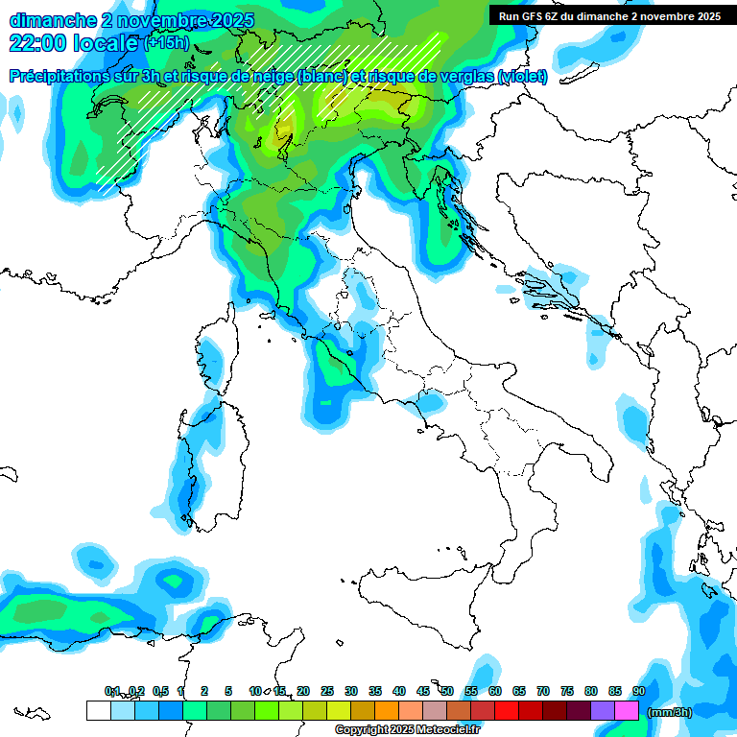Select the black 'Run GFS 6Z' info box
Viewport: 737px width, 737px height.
(609, 15)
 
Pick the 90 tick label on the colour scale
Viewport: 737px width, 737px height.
(639, 691)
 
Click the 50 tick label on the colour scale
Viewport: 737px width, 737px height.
(447, 691)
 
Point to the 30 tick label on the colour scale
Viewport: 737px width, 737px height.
(351, 691)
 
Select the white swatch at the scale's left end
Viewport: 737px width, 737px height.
(98, 710)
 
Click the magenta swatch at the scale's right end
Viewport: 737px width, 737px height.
(627, 710)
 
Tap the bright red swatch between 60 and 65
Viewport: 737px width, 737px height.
(506, 710)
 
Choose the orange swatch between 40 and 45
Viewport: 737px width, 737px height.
(410, 710)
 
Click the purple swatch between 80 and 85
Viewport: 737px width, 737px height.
(603, 710)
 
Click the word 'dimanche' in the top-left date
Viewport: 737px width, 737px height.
(48, 20)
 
